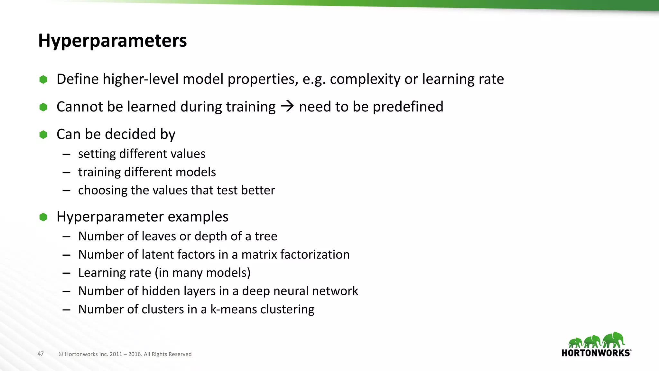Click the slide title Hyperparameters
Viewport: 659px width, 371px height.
pos(112,41)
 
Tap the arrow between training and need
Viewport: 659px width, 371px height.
pos(287,106)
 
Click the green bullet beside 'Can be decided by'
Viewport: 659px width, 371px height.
pos(43,135)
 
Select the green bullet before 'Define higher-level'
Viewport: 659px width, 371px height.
pos(43,80)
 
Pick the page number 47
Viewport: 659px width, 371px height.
pos(41,354)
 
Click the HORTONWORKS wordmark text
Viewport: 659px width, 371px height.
pos(596,353)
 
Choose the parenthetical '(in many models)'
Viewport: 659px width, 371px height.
pos(203,273)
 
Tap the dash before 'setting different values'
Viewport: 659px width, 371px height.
pos(67,154)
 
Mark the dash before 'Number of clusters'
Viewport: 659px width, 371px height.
pos(67,310)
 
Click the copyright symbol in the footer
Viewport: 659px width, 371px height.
pos(61,354)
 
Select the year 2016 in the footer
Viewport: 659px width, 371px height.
pos(135,354)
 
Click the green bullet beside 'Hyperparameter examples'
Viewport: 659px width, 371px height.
pos(43,217)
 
